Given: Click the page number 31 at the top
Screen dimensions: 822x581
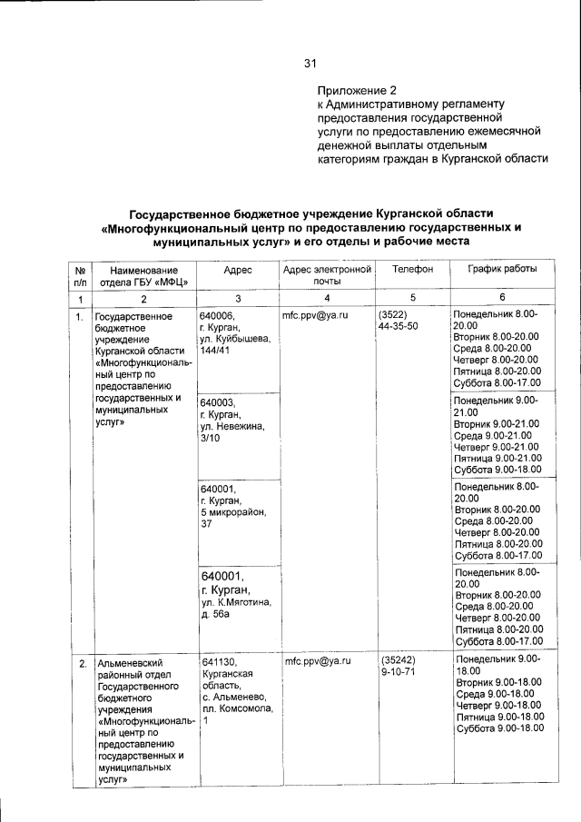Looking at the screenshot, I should [310, 64].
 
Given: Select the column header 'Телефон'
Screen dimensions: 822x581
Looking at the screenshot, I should [413, 270].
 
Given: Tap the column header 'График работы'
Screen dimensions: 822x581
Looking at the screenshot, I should [502, 270].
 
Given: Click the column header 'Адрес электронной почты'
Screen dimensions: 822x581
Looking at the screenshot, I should [328, 276].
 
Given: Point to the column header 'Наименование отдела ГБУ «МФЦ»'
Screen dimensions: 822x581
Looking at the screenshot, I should [143, 276].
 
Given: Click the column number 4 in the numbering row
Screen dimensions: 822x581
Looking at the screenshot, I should [328, 299].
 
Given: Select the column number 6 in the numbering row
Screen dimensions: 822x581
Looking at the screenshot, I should [502, 299].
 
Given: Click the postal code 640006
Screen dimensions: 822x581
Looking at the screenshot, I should [217, 315].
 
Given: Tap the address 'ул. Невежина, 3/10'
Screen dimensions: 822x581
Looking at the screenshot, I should [231, 431].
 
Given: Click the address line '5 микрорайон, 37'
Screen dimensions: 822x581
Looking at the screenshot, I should [232, 518].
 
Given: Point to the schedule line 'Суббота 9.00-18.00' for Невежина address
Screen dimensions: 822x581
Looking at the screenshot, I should [497, 470].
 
